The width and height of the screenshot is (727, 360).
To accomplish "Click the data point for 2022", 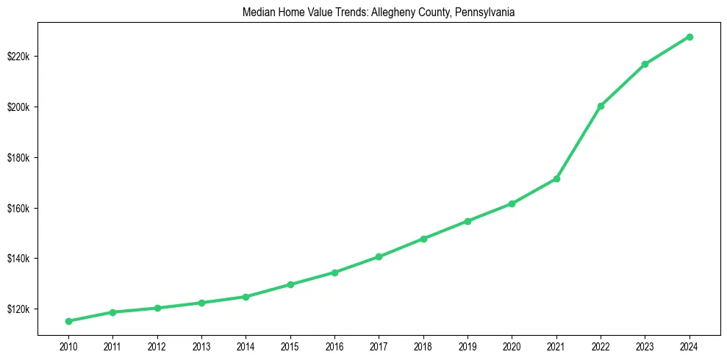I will coord(601,106).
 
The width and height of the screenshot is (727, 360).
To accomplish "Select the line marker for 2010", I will coord(68,321).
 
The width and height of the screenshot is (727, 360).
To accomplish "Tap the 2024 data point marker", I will coord(690,37).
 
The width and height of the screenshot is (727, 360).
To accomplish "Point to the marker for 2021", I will coord(556,179).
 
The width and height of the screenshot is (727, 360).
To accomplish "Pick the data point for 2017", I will coord(379,256).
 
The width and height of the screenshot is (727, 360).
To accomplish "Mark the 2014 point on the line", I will coord(246,297).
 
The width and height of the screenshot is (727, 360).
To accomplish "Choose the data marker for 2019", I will coord(468,220).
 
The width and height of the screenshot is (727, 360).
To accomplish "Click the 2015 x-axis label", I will coord(290,345).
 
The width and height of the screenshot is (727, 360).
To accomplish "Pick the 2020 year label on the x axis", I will coord(512,345).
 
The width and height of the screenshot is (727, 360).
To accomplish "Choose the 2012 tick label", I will coord(157,345).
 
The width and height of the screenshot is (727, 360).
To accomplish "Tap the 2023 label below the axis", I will coord(645,345).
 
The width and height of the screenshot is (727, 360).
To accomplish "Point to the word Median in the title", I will coord(256,12).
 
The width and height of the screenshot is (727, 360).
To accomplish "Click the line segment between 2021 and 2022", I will coord(579,143).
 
